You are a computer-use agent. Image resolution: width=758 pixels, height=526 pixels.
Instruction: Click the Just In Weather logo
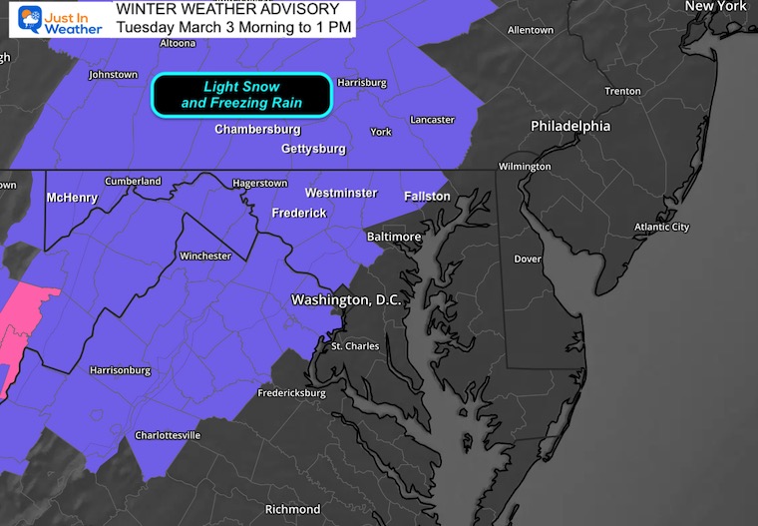(59, 20)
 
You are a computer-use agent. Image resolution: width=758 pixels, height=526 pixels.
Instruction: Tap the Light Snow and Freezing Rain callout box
(240, 95)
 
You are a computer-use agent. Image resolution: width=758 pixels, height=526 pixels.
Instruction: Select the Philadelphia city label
(570, 127)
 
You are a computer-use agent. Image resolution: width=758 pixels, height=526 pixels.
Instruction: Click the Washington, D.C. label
(345, 299)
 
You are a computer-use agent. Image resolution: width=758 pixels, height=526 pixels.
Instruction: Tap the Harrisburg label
(361, 82)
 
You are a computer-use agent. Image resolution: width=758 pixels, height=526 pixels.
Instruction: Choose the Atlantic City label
(661, 228)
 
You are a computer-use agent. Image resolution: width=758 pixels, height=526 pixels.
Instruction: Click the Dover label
(527, 259)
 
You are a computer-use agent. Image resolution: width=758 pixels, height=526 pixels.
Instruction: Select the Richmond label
(292, 509)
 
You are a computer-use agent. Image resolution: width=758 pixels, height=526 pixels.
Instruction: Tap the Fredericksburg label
(291, 393)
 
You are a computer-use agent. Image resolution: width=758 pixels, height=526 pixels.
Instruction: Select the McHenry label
(72, 198)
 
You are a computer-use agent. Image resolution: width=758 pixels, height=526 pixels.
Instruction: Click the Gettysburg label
(313, 149)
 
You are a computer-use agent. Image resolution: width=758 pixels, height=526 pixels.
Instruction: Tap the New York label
(715, 6)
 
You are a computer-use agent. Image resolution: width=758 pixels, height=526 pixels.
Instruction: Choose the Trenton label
(622, 91)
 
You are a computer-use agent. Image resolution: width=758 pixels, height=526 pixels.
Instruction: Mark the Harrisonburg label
(120, 370)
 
